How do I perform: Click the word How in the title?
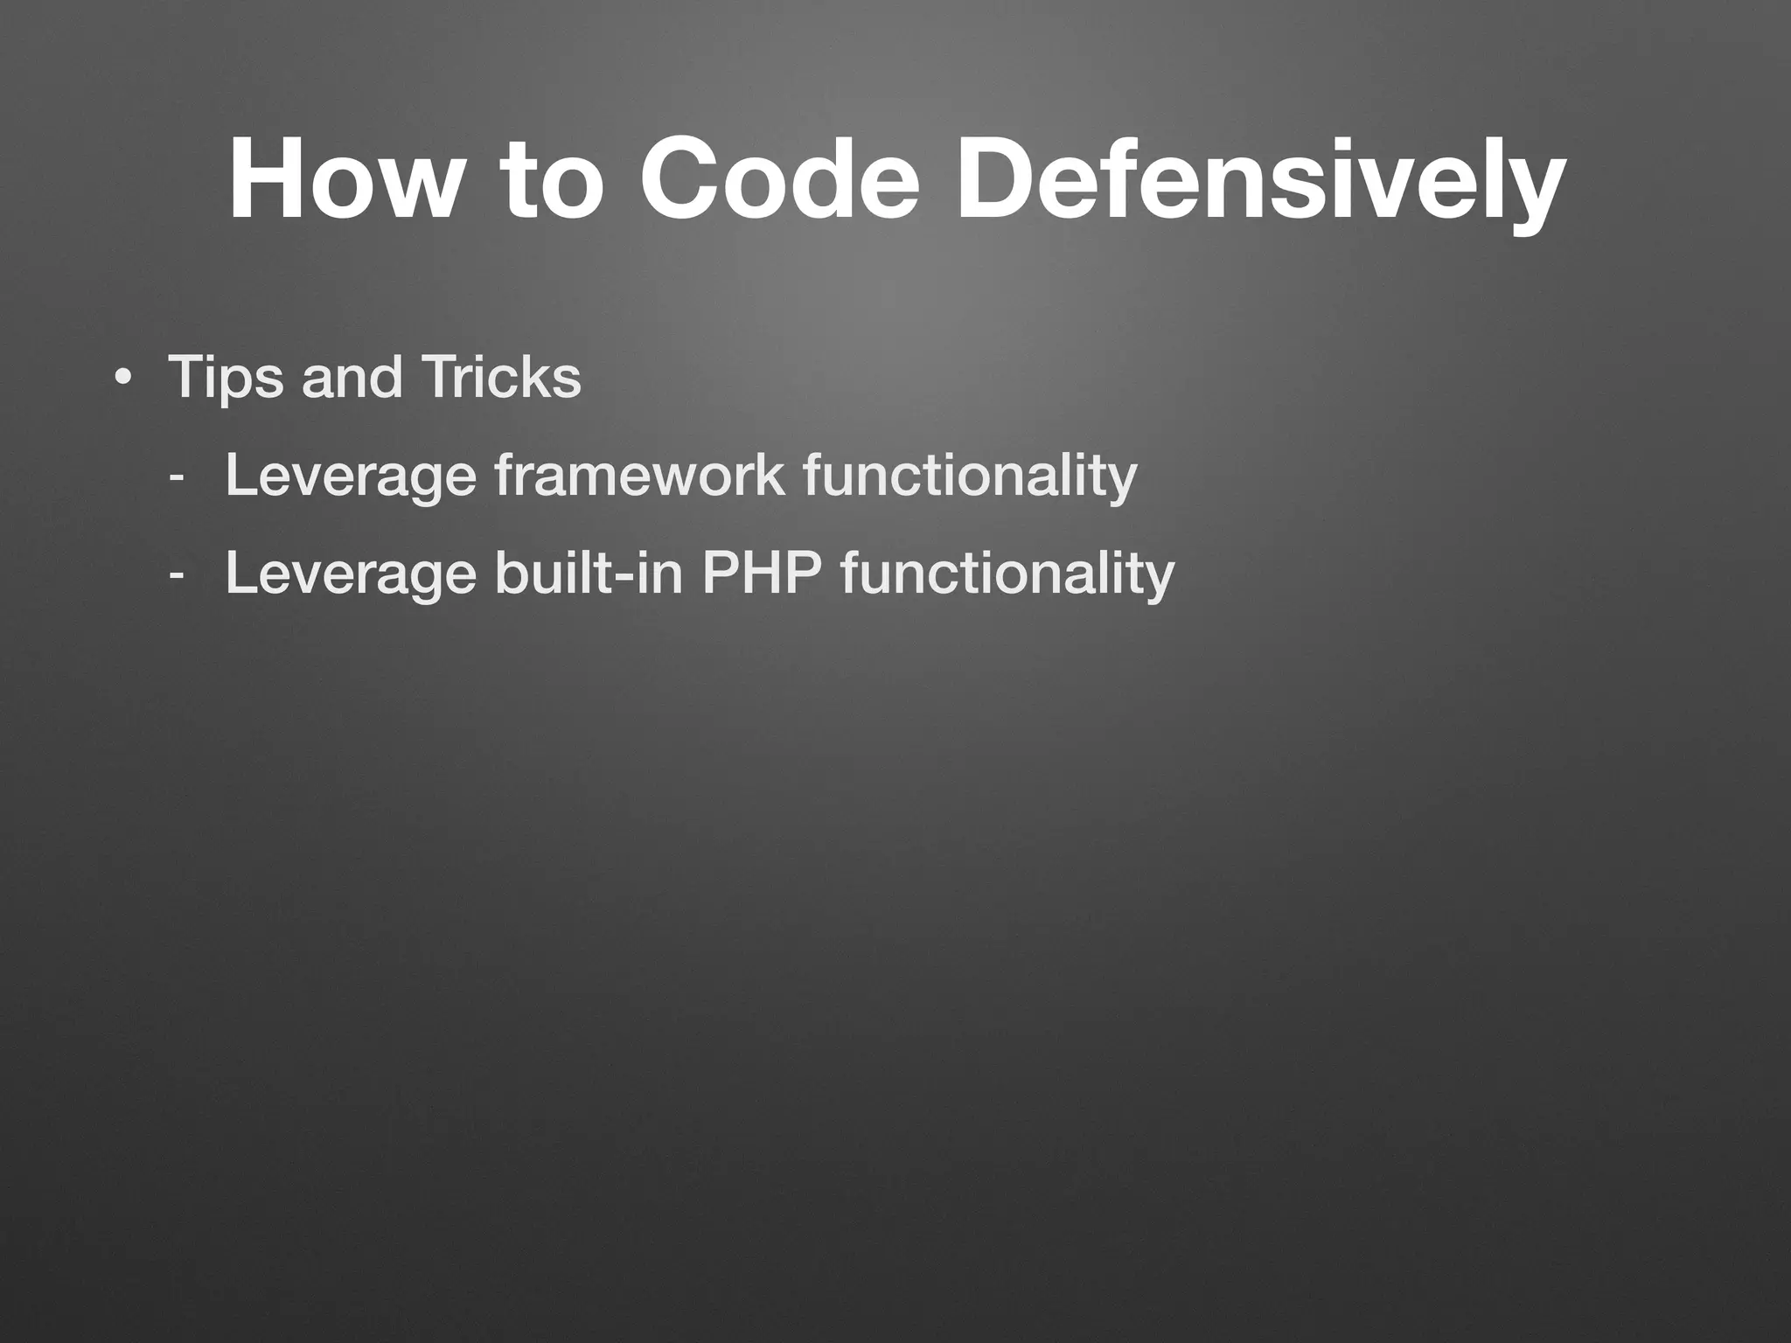coord(342,179)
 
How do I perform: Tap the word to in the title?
coord(551,179)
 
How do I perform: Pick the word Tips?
coord(226,378)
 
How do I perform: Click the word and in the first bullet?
coord(351,378)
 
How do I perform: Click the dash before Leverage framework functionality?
coord(177,478)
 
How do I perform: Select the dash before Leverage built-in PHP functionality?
coord(177,576)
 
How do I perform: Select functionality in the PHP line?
coord(1007,574)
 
